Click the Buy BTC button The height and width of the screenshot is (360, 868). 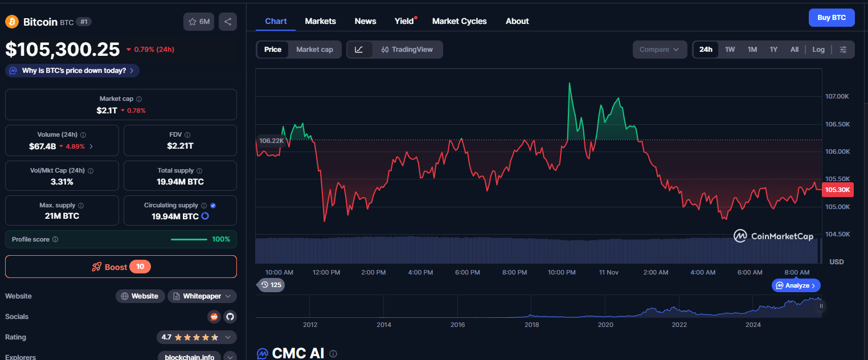(x=832, y=18)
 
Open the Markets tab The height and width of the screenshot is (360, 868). (x=320, y=21)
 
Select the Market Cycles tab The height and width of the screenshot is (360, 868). (x=459, y=21)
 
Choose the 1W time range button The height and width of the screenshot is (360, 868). (x=730, y=50)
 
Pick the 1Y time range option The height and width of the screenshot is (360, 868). (x=773, y=50)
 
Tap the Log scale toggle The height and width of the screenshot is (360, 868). (x=818, y=50)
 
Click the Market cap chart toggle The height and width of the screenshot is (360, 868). (x=314, y=50)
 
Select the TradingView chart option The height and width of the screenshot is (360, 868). (x=407, y=50)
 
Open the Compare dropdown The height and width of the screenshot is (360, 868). (x=659, y=50)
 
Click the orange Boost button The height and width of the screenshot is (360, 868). (x=121, y=267)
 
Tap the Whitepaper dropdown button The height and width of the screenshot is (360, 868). (x=202, y=296)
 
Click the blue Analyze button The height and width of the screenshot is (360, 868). (x=796, y=285)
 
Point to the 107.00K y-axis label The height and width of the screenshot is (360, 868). (x=838, y=96)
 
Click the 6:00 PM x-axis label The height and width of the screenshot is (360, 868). (x=467, y=272)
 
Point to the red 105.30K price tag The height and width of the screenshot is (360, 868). (x=837, y=190)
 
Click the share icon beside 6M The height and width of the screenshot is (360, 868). (x=228, y=22)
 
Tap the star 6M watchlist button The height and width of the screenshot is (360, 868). (x=198, y=22)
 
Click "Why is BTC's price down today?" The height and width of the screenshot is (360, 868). (x=72, y=71)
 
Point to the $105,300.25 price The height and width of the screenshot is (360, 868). (x=63, y=50)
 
